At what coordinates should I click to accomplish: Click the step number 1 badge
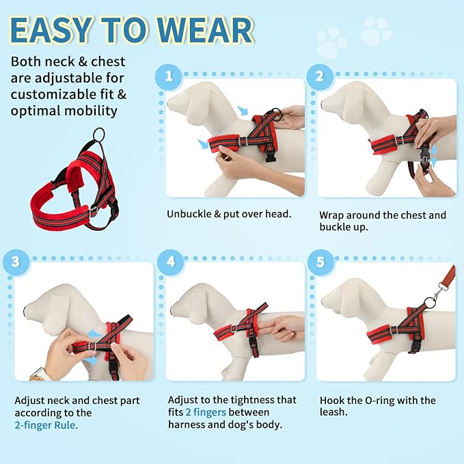click(x=167, y=76)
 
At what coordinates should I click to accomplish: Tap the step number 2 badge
click(x=319, y=76)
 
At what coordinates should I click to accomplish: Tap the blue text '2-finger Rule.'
click(x=46, y=425)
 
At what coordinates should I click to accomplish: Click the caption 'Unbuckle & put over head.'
click(x=229, y=214)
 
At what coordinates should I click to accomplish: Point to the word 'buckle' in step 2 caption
click(x=334, y=228)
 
